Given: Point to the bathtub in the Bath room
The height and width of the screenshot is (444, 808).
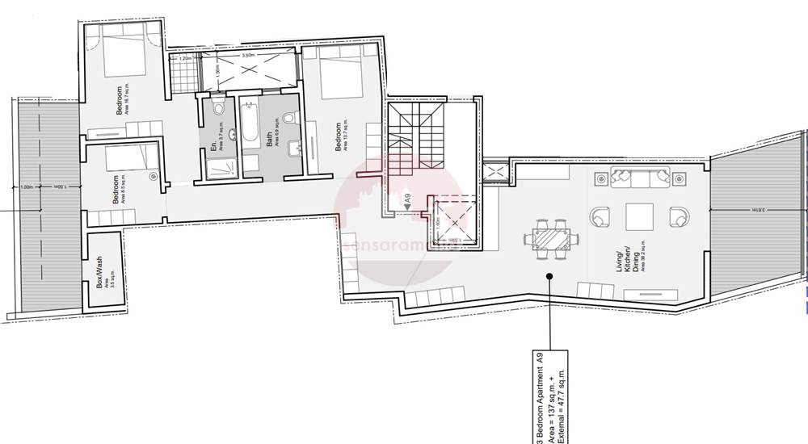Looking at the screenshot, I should click(249, 129).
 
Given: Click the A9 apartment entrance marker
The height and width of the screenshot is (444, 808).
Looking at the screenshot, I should click(409, 199).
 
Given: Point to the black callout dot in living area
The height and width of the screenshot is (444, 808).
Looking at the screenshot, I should click(549, 276).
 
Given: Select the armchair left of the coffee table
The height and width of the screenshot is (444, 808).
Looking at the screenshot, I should click(600, 216).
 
